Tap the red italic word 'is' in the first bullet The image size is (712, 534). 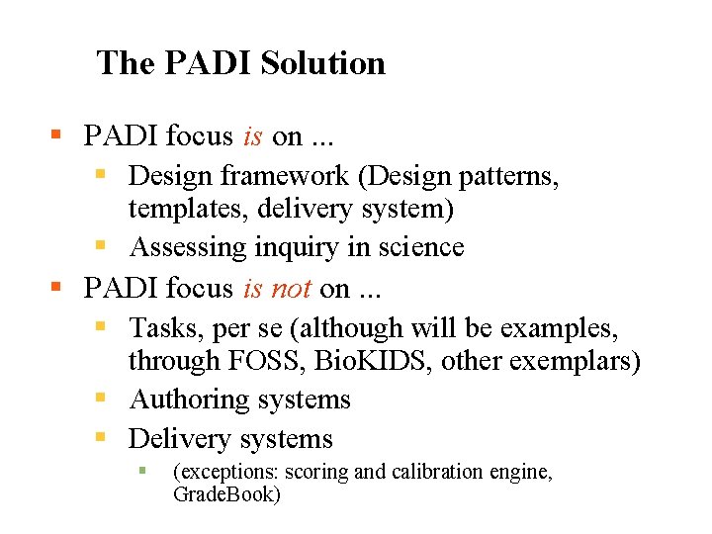tap(252, 135)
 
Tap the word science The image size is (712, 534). tap(415, 246)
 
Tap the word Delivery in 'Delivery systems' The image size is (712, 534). tap(179, 438)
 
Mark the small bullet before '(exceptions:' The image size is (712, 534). tap(141, 471)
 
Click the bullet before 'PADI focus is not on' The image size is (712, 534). tap(56, 288)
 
